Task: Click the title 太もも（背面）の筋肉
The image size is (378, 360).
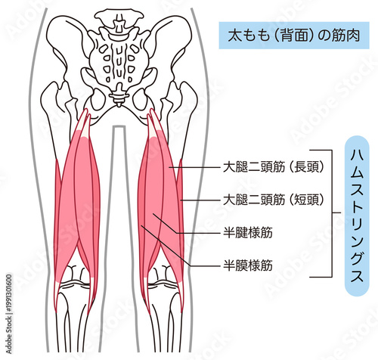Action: coord(294,36)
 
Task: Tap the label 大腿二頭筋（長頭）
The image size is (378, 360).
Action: coord(274,167)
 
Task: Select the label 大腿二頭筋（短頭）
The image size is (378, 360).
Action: coord(274,200)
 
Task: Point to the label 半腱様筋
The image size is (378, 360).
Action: coord(248,233)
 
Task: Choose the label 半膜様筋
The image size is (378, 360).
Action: coord(248,265)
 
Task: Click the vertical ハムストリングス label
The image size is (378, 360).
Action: coord(357,216)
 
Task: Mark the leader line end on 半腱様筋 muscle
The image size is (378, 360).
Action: coord(153,214)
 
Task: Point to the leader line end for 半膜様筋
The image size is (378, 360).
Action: coord(141,226)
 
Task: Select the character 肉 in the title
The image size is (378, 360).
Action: coord(353,36)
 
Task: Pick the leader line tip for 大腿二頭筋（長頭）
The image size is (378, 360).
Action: coord(169,167)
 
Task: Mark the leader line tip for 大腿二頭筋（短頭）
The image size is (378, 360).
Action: coord(181,200)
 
